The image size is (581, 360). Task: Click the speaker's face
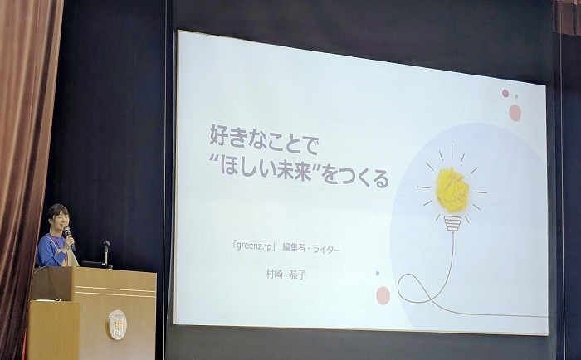(61, 218)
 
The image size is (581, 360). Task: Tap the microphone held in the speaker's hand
(69, 236)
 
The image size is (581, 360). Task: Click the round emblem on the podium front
(118, 325)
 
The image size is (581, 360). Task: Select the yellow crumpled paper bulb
(452, 190)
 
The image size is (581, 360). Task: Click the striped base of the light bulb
(452, 223)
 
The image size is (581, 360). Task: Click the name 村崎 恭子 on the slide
(286, 275)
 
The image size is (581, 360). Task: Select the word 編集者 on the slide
(294, 247)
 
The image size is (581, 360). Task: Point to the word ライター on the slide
(326, 249)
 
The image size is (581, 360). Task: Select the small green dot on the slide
(516, 96)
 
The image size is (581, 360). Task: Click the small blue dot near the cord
(378, 274)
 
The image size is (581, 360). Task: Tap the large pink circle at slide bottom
(383, 295)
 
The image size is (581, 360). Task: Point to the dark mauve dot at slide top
(505, 93)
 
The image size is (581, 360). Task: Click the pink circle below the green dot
(515, 113)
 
